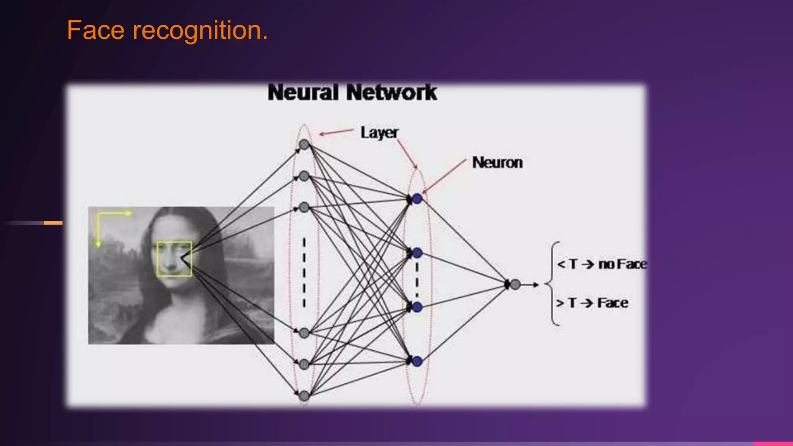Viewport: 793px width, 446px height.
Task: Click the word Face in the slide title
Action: point(95,31)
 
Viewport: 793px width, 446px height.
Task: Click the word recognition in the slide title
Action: point(200,31)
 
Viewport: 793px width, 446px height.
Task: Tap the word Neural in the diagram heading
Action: point(303,93)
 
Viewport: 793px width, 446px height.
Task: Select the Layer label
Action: point(379,133)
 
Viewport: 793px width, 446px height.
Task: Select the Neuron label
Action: point(497,163)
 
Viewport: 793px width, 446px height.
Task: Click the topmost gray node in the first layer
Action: point(304,145)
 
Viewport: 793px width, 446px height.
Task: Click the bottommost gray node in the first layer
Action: point(304,395)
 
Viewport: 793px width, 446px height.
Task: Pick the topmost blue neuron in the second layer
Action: point(417,199)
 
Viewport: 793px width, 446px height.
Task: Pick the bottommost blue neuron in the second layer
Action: point(417,362)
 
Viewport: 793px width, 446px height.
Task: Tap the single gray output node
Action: point(515,285)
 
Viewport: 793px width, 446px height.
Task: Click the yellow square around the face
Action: point(174,259)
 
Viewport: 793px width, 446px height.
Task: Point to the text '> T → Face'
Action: point(592,303)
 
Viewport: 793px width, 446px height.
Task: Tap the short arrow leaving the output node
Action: point(530,285)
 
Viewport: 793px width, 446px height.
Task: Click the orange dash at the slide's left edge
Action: point(53,223)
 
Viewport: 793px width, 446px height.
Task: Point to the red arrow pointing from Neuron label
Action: point(445,176)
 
